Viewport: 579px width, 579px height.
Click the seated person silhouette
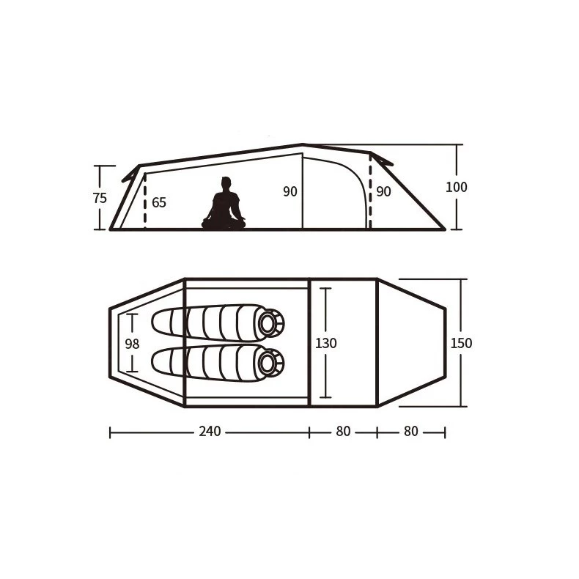(x=224, y=205)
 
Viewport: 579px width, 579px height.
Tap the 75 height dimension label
(x=100, y=199)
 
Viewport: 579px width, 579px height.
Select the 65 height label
(x=159, y=203)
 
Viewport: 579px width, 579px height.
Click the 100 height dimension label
(x=457, y=187)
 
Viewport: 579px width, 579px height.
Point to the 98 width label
(x=132, y=344)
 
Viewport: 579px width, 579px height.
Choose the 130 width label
(x=326, y=344)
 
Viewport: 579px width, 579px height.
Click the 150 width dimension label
(x=461, y=344)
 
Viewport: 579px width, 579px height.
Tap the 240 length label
(x=210, y=431)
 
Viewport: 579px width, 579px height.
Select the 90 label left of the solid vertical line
(x=290, y=191)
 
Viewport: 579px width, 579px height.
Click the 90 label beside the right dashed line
(x=383, y=191)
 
